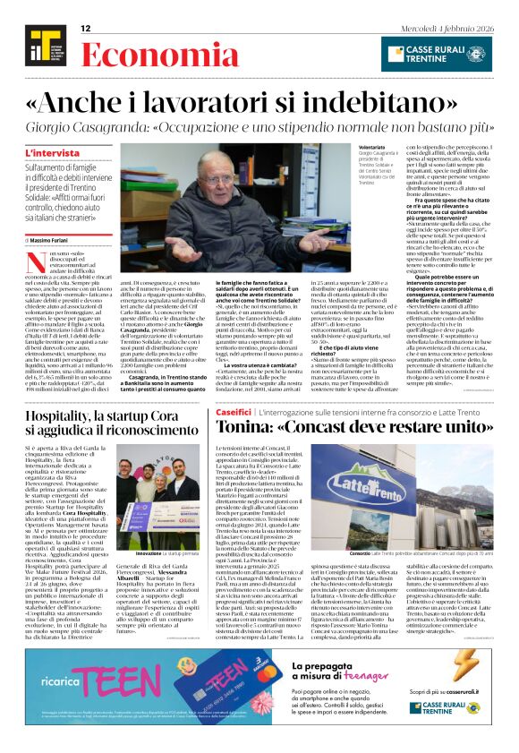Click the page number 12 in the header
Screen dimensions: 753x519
point(86,29)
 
